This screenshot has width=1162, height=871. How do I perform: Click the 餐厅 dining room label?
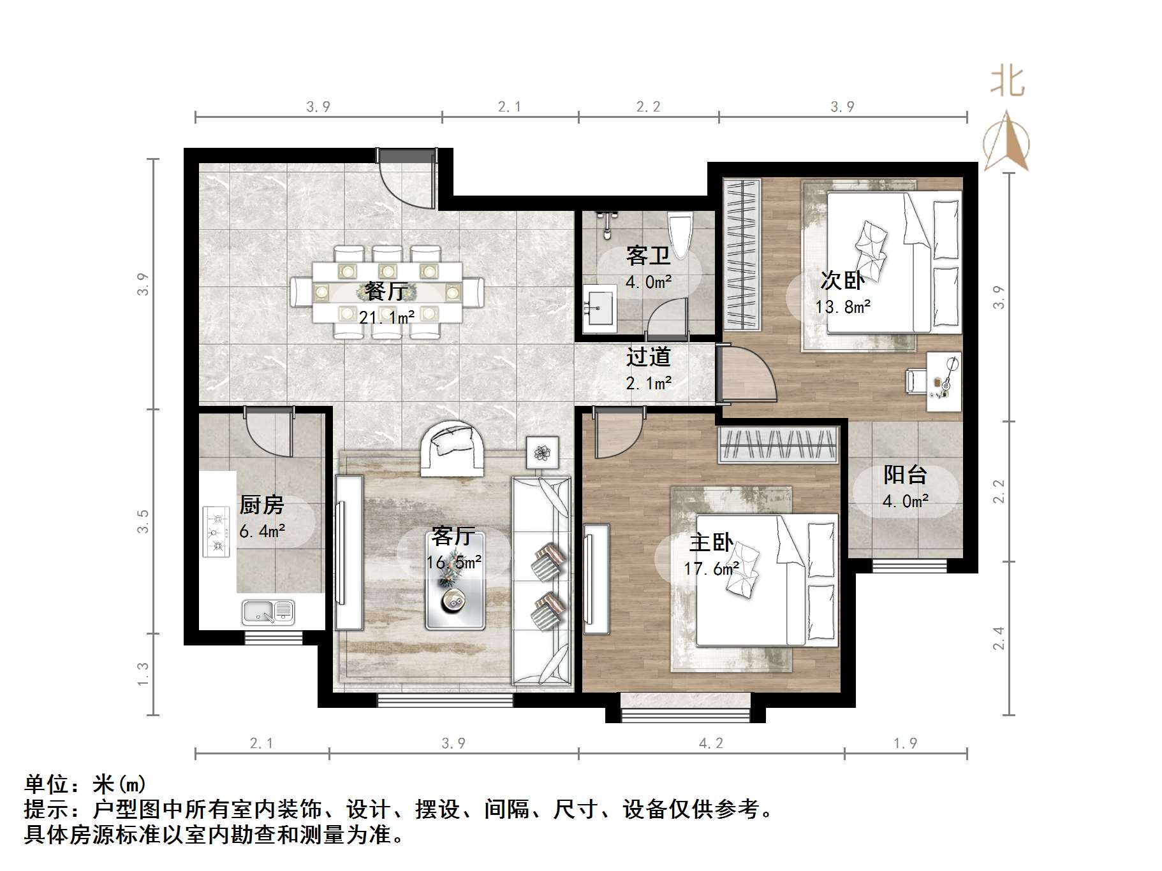tap(386, 291)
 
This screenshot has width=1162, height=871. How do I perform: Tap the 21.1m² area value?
tap(386, 317)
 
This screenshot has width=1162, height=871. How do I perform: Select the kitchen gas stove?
tap(216, 531)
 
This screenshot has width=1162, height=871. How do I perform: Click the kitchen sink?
tap(268, 612)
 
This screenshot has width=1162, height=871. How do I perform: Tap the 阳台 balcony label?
tap(905, 475)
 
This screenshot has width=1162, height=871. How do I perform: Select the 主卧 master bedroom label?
tap(711, 543)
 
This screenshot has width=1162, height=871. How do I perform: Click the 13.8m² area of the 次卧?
tap(842, 307)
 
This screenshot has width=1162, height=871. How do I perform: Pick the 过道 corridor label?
tap(648, 357)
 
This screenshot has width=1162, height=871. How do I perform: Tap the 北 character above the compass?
tap(1007, 82)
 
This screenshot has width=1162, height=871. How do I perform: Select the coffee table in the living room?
tap(455, 580)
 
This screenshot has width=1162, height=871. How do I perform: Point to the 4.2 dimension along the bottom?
tap(710, 743)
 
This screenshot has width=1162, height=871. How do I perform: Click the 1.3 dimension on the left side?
tap(143, 673)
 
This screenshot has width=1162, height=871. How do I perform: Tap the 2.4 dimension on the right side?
tap(999, 638)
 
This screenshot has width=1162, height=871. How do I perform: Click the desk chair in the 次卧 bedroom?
tap(916, 381)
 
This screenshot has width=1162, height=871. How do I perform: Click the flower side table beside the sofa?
tap(542, 453)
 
